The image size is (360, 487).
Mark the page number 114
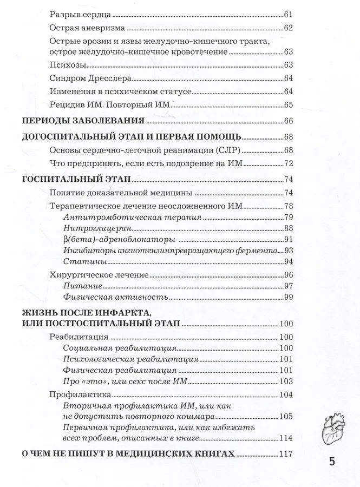[286, 438]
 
